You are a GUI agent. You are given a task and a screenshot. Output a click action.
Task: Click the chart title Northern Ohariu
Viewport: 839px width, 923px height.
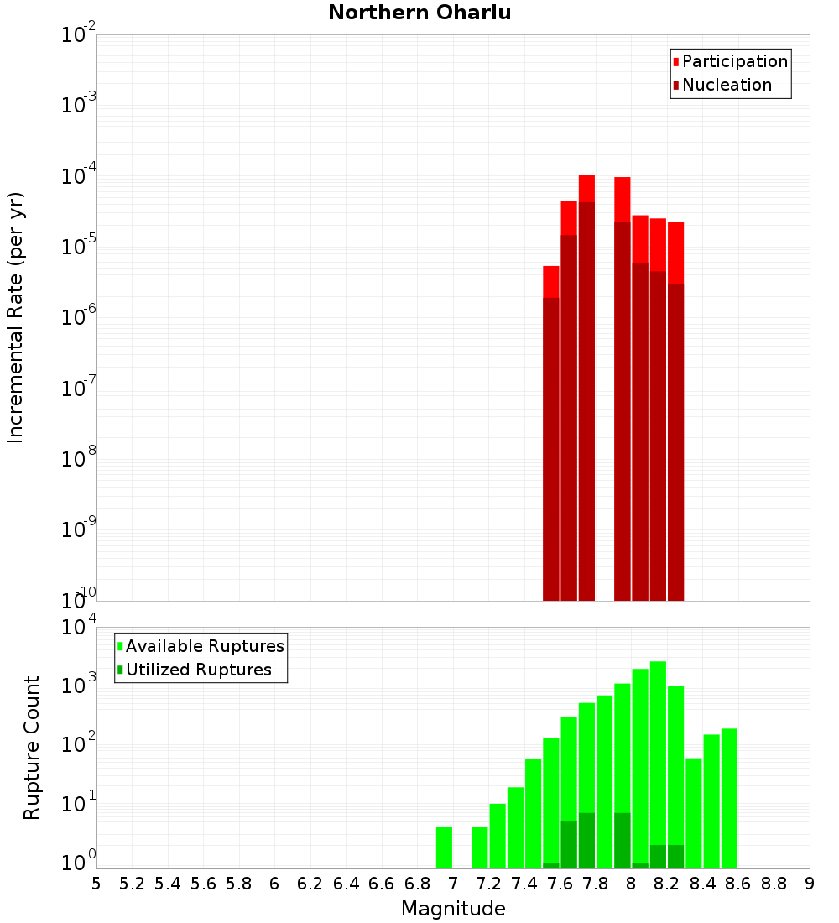click(419, 13)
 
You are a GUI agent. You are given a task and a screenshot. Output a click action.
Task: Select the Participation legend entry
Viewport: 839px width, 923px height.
click(730, 61)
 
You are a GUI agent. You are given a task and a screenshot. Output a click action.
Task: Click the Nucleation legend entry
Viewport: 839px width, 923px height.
click(722, 85)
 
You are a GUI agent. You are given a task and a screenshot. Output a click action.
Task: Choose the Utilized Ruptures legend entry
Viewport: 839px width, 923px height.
click(193, 670)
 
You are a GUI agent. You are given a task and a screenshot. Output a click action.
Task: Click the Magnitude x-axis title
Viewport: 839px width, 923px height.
click(453, 909)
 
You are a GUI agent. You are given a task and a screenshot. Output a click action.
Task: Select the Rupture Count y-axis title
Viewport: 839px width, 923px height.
click(32, 747)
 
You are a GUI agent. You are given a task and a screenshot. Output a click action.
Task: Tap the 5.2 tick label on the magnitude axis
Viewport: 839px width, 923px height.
click(132, 884)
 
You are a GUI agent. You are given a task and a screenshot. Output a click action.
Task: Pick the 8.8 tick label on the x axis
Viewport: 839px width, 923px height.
click(774, 884)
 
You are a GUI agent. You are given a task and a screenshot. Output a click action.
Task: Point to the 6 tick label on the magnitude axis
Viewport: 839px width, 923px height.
click(274, 884)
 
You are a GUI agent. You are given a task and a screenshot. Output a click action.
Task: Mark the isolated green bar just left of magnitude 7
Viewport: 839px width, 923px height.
click(444, 847)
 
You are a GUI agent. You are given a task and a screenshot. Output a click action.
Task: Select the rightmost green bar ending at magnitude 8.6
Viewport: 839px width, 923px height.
click(729, 797)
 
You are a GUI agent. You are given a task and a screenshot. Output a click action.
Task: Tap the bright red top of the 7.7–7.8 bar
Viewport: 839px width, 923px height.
click(586, 188)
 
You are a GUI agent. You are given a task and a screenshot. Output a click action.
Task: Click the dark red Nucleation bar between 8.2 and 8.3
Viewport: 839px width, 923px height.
click(675, 445)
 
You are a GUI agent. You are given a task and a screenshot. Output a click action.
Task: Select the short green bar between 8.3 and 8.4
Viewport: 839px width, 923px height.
click(693, 814)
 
